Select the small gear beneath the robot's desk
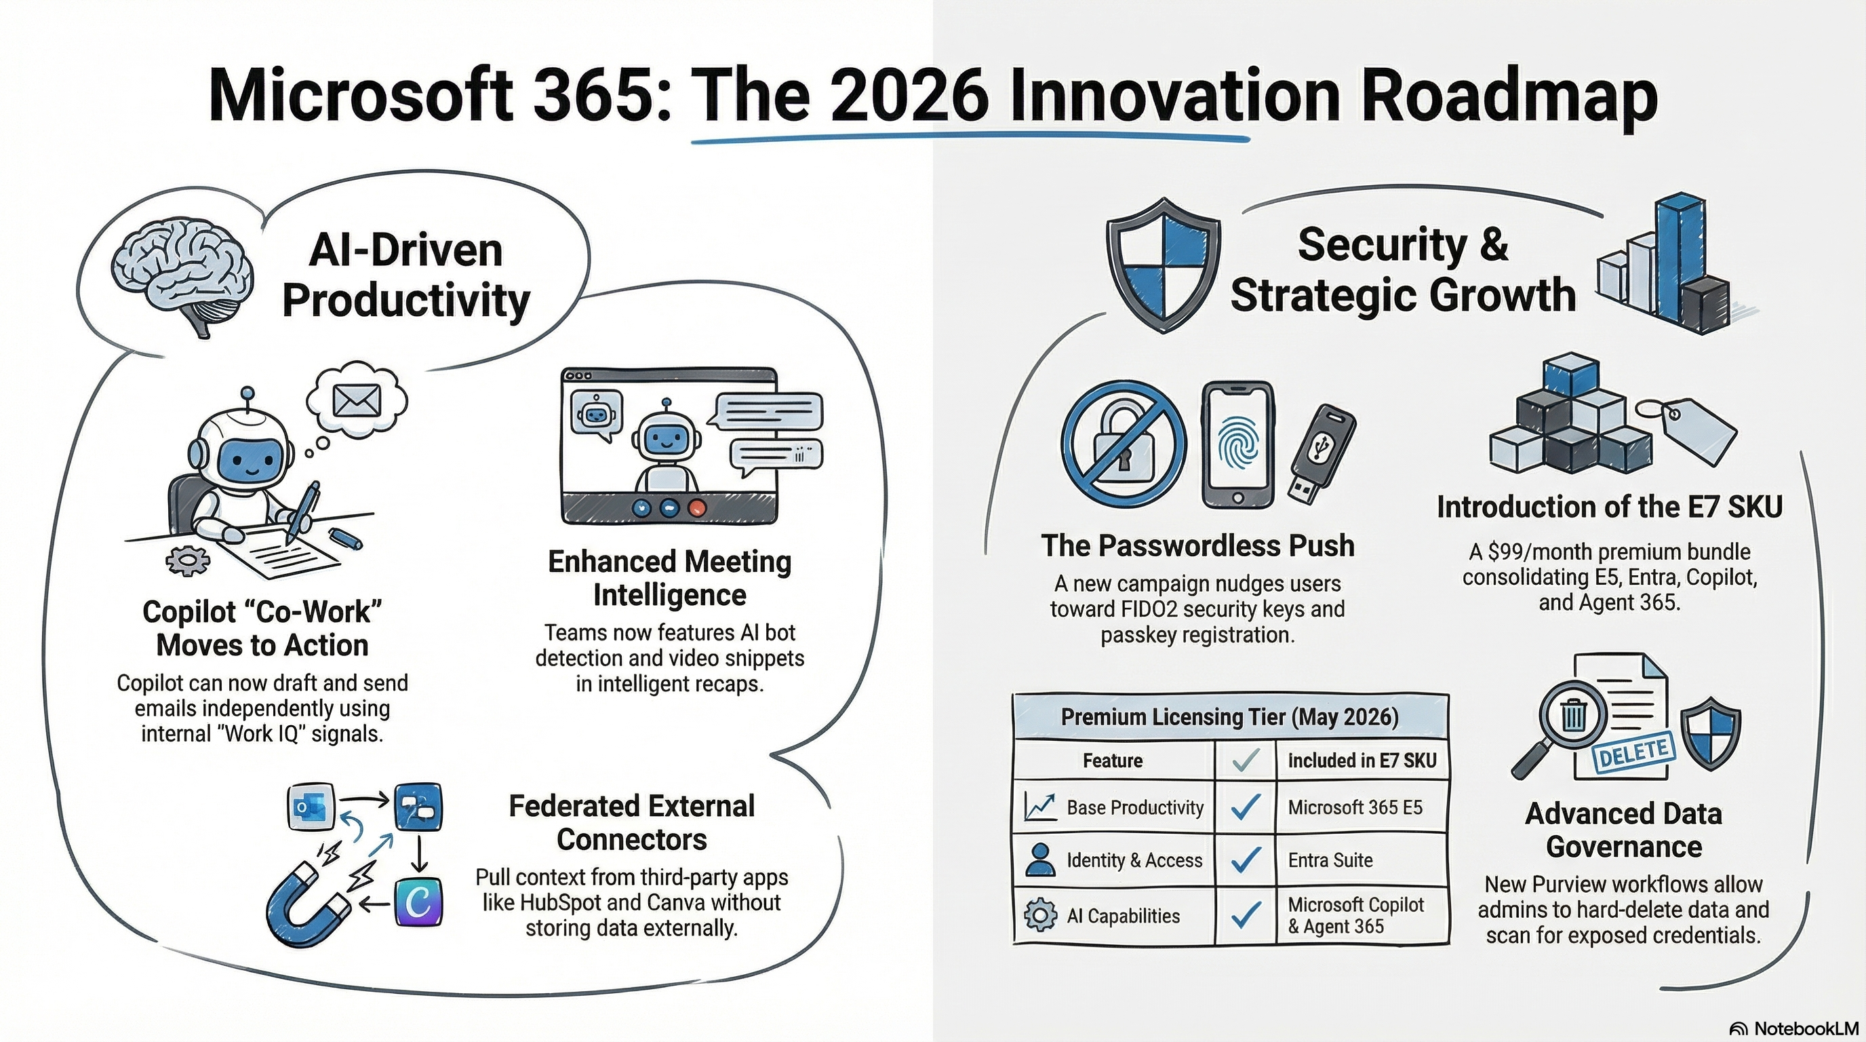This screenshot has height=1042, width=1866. click(x=188, y=560)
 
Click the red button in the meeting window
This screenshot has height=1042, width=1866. click(x=697, y=508)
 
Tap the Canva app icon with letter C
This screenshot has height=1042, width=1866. click(x=418, y=902)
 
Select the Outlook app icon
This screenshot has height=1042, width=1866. click(x=311, y=807)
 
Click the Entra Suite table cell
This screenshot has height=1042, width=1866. click(x=1330, y=860)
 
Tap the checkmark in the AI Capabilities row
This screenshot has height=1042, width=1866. click(x=1245, y=915)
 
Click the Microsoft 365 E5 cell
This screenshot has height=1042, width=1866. click(x=1355, y=807)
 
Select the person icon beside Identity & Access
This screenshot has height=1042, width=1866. click(x=1041, y=860)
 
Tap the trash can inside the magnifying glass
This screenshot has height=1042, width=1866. click(x=1573, y=716)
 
